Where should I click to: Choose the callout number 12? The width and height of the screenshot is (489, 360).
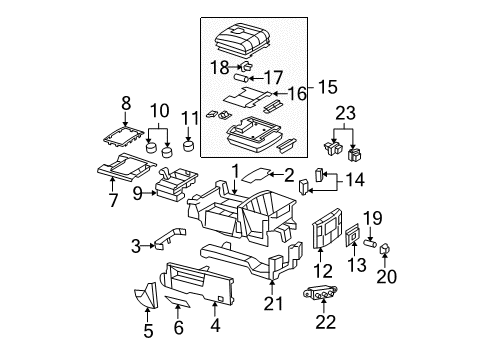[321, 271]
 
